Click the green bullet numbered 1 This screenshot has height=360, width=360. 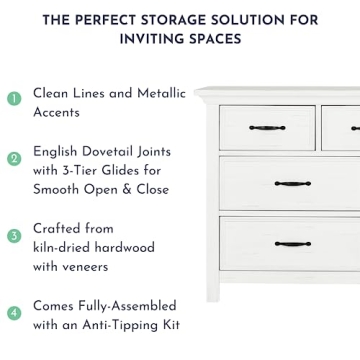tap(14, 98)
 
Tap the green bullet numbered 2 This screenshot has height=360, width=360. tap(14, 159)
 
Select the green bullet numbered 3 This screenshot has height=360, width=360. tap(14, 236)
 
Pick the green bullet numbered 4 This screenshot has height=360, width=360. tap(14, 313)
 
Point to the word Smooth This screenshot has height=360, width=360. tap(57, 188)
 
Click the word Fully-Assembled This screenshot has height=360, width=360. tap(126, 305)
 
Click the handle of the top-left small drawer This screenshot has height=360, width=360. tap(267, 127)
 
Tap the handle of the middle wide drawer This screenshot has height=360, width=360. tap(292, 183)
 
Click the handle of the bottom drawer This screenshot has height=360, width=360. tap(292, 243)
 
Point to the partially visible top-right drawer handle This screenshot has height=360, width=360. tap(355, 128)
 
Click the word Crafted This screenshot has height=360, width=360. tap(59, 228)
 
